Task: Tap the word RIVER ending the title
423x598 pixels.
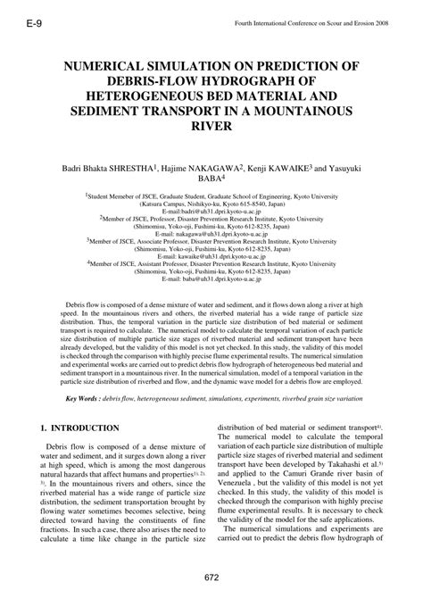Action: point(211,127)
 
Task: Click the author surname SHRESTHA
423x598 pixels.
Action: point(131,167)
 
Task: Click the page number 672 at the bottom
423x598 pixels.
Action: point(211,577)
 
